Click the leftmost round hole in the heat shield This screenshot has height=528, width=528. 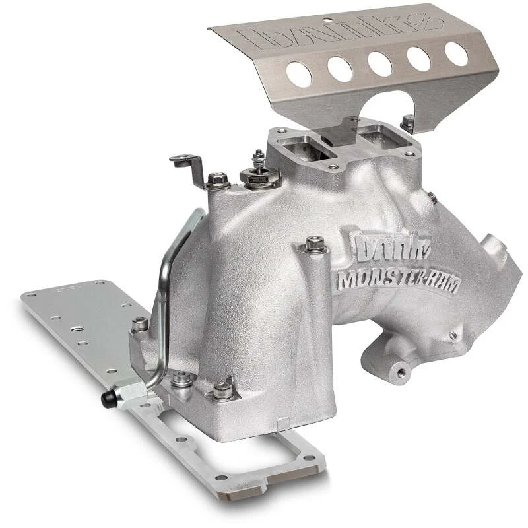(x=299, y=74)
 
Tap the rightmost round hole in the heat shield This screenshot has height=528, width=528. (x=456, y=53)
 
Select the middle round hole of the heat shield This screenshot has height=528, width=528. (x=380, y=63)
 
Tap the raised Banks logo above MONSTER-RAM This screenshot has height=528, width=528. (x=385, y=247)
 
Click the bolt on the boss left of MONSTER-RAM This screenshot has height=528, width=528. (x=314, y=245)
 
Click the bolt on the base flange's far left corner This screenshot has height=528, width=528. (x=140, y=325)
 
